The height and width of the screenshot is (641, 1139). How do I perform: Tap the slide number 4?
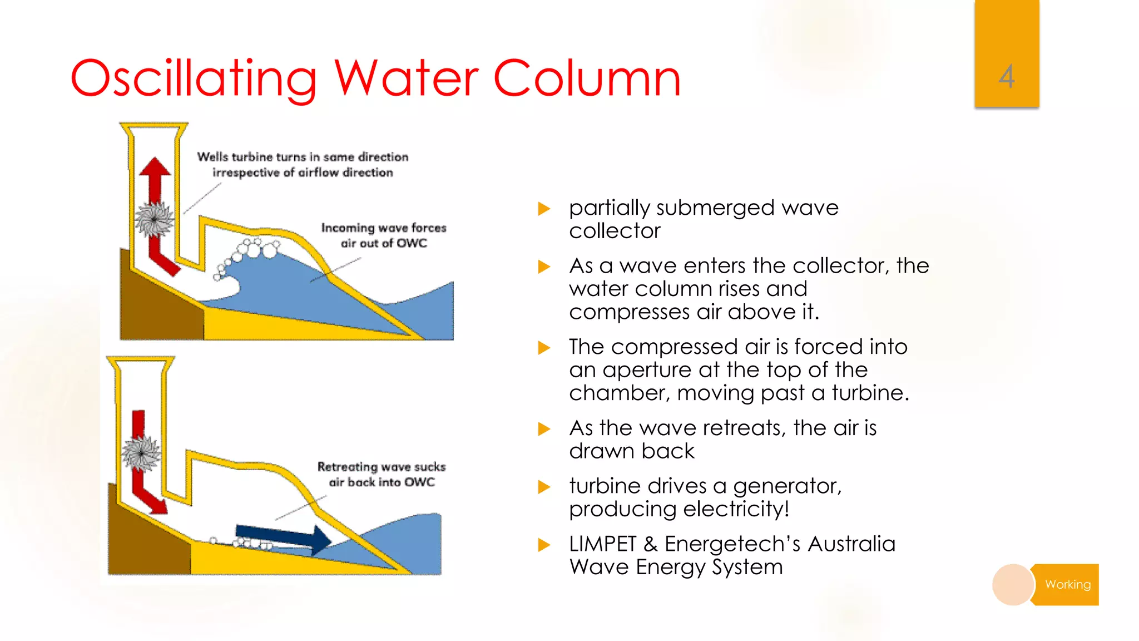click(x=1006, y=76)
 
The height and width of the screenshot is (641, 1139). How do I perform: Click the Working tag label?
click(x=1067, y=584)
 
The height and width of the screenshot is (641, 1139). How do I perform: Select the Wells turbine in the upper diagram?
click(x=154, y=219)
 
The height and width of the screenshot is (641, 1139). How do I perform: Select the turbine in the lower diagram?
click(x=141, y=453)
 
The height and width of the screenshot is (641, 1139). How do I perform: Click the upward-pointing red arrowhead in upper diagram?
click(x=155, y=167)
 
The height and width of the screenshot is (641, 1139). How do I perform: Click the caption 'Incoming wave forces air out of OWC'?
click(x=383, y=235)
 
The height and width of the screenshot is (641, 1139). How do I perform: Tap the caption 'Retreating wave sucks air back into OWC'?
click(x=382, y=474)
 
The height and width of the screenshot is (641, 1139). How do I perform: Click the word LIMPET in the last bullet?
click(x=602, y=544)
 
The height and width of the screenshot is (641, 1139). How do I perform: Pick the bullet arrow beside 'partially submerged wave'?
click(x=544, y=209)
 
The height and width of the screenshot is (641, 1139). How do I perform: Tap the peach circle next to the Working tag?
click(x=1013, y=584)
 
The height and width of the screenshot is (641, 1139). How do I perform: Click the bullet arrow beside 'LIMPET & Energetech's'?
click(x=544, y=545)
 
